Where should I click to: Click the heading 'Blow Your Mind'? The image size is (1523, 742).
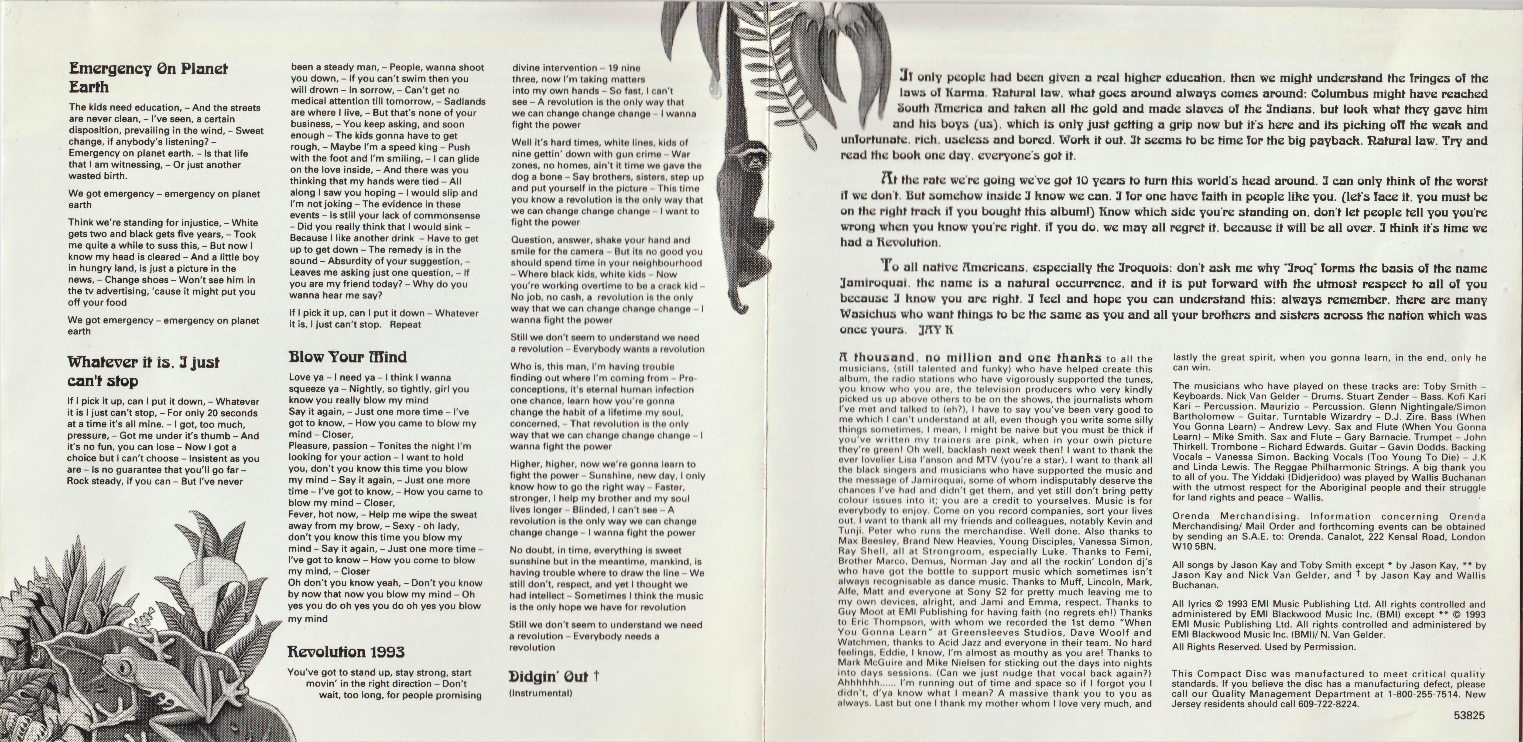pyautogui.click(x=348, y=357)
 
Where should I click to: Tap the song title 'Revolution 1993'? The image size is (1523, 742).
pyautogui.click(x=346, y=652)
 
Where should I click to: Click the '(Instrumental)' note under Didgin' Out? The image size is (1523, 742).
pyautogui.click(x=540, y=693)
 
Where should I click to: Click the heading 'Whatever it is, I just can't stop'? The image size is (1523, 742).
pyautogui.click(x=144, y=371)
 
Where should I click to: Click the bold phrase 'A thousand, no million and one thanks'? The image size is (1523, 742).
pyautogui.click(x=970, y=358)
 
